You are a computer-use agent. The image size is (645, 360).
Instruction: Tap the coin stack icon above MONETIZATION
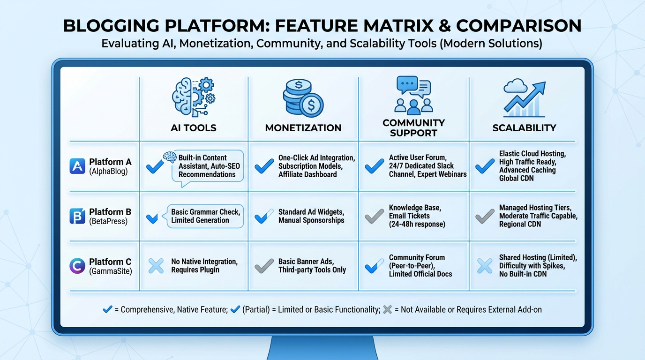(x=303, y=97)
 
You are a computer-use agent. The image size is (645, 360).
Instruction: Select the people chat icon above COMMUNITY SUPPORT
(x=413, y=95)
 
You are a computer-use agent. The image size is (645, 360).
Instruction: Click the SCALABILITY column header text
(x=524, y=127)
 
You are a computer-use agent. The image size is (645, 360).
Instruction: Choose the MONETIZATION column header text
(x=303, y=127)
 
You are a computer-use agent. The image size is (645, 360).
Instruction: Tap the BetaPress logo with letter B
(x=77, y=216)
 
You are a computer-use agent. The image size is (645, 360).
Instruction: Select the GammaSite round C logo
(x=77, y=266)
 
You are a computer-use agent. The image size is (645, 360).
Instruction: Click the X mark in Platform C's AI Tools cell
(x=156, y=266)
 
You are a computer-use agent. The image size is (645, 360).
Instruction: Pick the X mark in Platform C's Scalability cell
(x=485, y=266)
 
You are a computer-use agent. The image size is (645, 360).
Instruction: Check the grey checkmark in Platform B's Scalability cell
(x=485, y=216)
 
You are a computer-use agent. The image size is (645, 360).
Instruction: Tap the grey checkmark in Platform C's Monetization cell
(x=264, y=266)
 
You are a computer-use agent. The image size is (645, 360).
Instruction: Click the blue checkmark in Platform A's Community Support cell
(x=374, y=166)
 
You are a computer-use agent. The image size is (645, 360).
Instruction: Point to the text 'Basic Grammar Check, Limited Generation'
(x=205, y=216)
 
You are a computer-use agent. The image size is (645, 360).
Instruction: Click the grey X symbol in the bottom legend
(x=387, y=309)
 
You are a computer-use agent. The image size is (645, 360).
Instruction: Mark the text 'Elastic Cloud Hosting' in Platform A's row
(x=532, y=153)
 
